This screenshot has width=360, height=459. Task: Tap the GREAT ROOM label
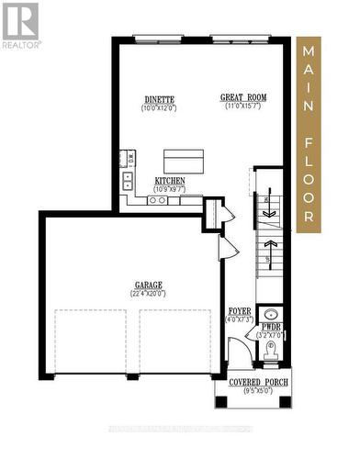click(x=242, y=97)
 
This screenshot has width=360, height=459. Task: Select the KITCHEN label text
click(x=171, y=181)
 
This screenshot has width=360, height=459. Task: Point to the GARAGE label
click(x=148, y=285)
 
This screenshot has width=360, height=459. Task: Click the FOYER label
click(x=240, y=312)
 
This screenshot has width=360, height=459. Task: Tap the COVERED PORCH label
click(x=250, y=381)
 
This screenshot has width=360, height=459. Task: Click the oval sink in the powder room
click(x=271, y=315)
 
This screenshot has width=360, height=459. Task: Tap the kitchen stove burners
click(x=157, y=199)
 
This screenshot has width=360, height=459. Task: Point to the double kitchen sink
click(x=126, y=180)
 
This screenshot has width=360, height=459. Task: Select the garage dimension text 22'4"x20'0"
click(x=148, y=295)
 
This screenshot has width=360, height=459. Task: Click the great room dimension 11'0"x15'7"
click(x=242, y=107)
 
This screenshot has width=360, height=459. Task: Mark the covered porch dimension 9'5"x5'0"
click(x=250, y=391)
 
